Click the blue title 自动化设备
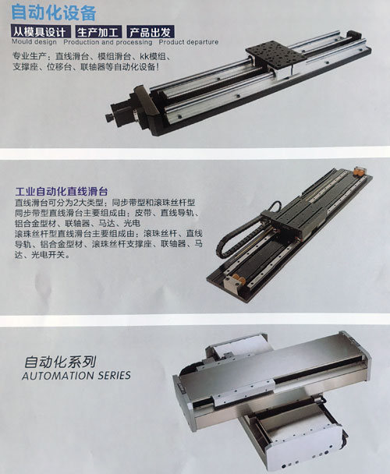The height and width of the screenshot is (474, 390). click(54, 12)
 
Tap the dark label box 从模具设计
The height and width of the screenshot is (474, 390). click(41, 32)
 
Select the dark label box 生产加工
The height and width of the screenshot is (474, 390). click(98, 32)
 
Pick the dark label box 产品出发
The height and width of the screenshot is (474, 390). click(150, 32)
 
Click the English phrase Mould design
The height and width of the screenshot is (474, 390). click(34, 42)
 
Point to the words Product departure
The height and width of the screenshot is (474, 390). click(189, 42)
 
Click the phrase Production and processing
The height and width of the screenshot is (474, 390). click(108, 42)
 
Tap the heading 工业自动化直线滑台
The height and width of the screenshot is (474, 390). click(62, 191)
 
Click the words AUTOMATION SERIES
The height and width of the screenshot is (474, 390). click(76, 376)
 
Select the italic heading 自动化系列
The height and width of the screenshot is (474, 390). click(60, 361)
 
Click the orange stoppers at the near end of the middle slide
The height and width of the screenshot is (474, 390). click(236, 278)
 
